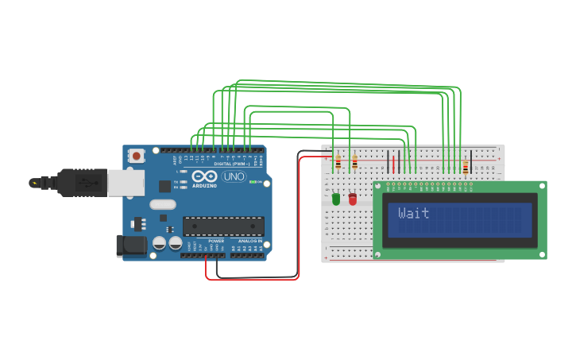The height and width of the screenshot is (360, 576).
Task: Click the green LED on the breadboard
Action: [335, 199]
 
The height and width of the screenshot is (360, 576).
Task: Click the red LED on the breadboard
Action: [353, 199]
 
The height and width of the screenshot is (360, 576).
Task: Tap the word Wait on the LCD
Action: [413, 213]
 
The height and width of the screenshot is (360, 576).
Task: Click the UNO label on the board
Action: [234, 176]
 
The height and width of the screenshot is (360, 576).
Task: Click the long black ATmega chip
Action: [223, 226]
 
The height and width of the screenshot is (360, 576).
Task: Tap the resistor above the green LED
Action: [338, 163]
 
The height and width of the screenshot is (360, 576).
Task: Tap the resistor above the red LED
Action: [354, 163]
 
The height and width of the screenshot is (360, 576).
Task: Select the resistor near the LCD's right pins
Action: [465, 167]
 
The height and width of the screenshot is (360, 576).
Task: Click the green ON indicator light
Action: [253, 182]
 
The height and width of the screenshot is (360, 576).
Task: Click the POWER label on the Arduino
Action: [215, 241]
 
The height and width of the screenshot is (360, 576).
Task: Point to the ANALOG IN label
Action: [249, 241]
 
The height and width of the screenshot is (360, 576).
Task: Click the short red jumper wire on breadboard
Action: [392, 164]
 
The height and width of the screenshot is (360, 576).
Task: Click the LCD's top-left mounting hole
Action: [377, 188]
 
